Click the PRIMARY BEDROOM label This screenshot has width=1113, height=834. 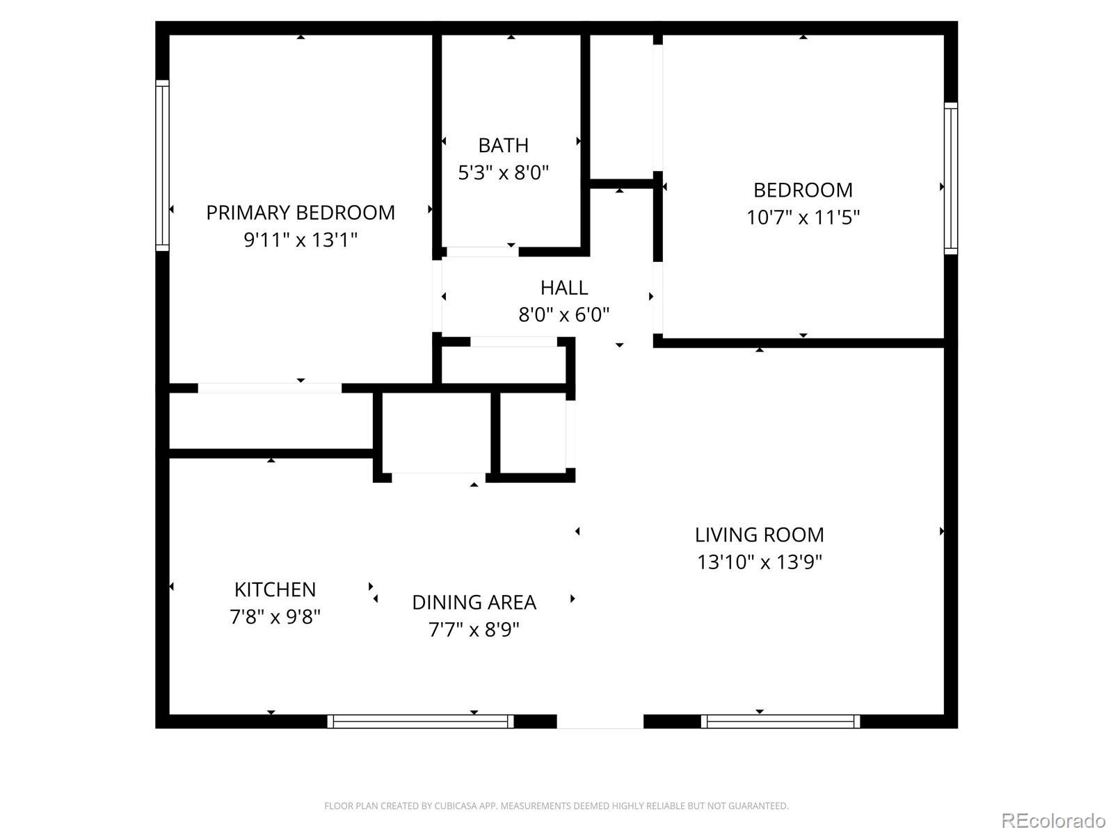click(301, 213)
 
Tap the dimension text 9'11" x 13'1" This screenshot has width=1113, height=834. click(301, 240)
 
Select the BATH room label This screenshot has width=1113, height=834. click(503, 145)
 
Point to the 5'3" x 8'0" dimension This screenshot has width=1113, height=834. click(503, 172)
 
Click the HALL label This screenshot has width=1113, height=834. click(563, 288)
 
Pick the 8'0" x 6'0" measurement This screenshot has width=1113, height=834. click(563, 315)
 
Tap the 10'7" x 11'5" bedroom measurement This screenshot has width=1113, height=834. click(803, 218)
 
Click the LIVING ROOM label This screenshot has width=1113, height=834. click(759, 534)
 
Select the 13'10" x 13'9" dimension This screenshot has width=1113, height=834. click(759, 562)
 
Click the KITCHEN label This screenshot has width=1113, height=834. click(275, 589)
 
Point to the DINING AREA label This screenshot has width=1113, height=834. click(474, 603)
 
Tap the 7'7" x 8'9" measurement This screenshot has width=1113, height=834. click(474, 630)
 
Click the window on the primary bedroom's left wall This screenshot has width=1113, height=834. click(162, 165)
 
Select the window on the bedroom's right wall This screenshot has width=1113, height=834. click(950, 178)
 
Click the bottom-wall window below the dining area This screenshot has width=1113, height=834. click(420, 721)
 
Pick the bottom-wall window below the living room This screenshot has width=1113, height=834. click(780, 721)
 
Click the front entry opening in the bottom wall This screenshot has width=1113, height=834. click(600, 721)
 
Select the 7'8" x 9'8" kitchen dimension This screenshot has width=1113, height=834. click(275, 616)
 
